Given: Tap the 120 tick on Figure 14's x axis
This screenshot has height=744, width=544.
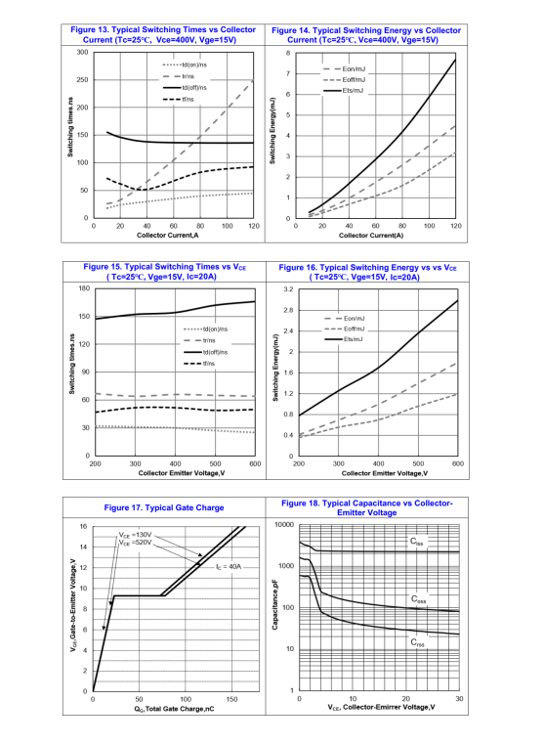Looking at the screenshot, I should point(456,226).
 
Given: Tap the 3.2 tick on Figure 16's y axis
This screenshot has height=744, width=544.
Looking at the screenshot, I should point(286,290).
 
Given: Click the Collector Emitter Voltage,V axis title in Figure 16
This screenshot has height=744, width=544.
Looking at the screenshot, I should point(377,473).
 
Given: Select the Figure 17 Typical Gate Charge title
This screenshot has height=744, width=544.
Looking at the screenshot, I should point(163,507).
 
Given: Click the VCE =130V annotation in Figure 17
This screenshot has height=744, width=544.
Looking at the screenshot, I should point(136,536).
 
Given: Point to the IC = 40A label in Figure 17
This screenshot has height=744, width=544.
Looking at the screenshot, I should point(229,565).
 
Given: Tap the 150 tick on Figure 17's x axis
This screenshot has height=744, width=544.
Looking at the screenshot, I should point(231,700).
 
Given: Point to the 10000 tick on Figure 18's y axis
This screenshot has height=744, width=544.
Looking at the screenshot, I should point(283,525).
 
